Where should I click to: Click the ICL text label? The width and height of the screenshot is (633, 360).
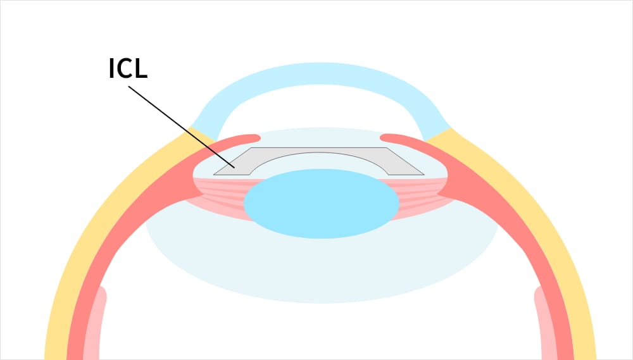click(x=128, y=68)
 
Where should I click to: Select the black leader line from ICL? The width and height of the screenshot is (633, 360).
click(x=181, y=127)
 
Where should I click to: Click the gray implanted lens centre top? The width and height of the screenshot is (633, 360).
click(x=319, y=150)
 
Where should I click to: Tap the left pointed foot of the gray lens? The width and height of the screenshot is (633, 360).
click(x=215, y=175)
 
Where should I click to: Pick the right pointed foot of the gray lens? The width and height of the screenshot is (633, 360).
click(x=423, y=175)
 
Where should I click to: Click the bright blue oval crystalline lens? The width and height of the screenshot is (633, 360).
click(x=322, y=203)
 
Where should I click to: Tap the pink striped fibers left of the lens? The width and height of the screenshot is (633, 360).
click(x=220, y=196)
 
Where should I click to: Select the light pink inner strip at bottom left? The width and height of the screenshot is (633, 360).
click(x=94, y=323)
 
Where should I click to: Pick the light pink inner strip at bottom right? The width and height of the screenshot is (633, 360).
click(x=546, y=323)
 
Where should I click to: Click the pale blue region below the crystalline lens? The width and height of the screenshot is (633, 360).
click(x=322, y=270)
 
